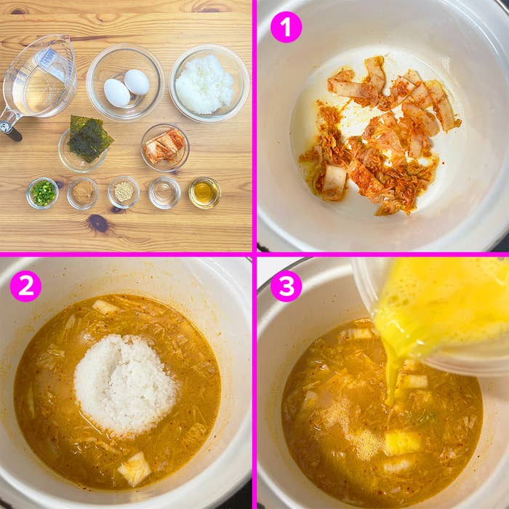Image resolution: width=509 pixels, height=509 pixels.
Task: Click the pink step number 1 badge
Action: tap(286, 28)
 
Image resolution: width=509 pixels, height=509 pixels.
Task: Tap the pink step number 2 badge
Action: tap(25, 286)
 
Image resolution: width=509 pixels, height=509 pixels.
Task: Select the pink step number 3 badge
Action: tap(286, 286)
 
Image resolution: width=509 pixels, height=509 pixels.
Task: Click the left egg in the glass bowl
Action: tap(116, 92)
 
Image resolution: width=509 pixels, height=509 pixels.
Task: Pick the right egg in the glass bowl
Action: tap(137, 81)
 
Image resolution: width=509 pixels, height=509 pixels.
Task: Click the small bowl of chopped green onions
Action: tap(42, 193)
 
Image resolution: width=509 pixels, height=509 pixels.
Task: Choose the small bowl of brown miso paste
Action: tap(82, 193)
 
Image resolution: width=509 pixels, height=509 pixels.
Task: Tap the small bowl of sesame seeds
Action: tap(124, 192)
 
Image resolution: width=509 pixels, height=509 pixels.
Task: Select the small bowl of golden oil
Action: tap(204, 193)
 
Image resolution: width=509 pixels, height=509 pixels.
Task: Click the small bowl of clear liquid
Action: tap(164, 193)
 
